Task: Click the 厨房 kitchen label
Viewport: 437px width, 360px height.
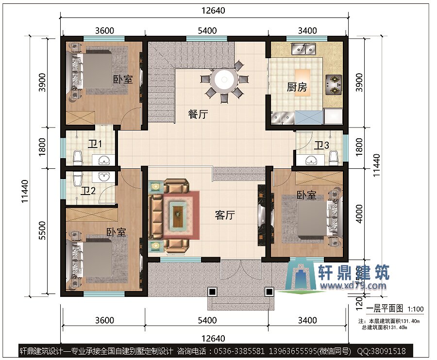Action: (297, 87)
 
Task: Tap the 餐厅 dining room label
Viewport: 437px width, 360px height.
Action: (198, 115)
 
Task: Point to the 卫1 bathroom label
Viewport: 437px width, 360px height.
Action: (95, 144)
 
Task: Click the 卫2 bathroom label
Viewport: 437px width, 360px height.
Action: (88, 191)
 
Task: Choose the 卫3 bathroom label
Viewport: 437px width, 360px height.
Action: (321, 145)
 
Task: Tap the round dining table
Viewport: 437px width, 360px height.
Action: (225, 79)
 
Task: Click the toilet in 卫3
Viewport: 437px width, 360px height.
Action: (333, 157)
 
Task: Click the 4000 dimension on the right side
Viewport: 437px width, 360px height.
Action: (359, 213)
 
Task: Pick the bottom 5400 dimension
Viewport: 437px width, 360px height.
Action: (207, 320)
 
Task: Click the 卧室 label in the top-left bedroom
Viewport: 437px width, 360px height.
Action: (123, 79)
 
